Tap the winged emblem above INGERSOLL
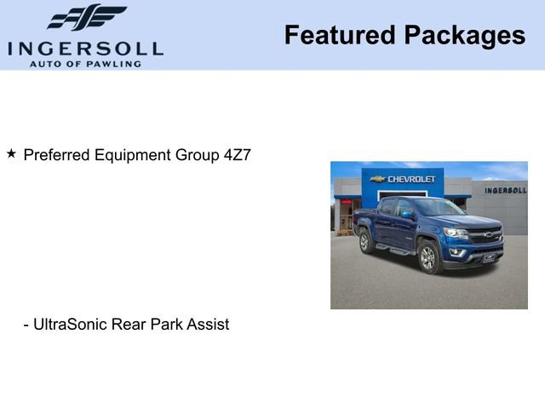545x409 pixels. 86,18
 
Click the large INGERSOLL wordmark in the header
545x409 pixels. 85,48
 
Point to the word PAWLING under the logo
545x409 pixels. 115,64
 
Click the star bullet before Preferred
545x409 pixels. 11,154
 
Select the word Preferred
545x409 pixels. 57,155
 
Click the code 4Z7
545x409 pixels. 237,155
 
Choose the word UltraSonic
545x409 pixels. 72,325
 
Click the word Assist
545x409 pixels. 209,325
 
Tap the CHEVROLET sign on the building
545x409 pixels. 411,179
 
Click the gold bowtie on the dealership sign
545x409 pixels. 378,179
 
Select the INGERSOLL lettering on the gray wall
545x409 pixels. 505,190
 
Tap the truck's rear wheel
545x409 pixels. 366,241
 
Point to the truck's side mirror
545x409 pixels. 408,214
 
